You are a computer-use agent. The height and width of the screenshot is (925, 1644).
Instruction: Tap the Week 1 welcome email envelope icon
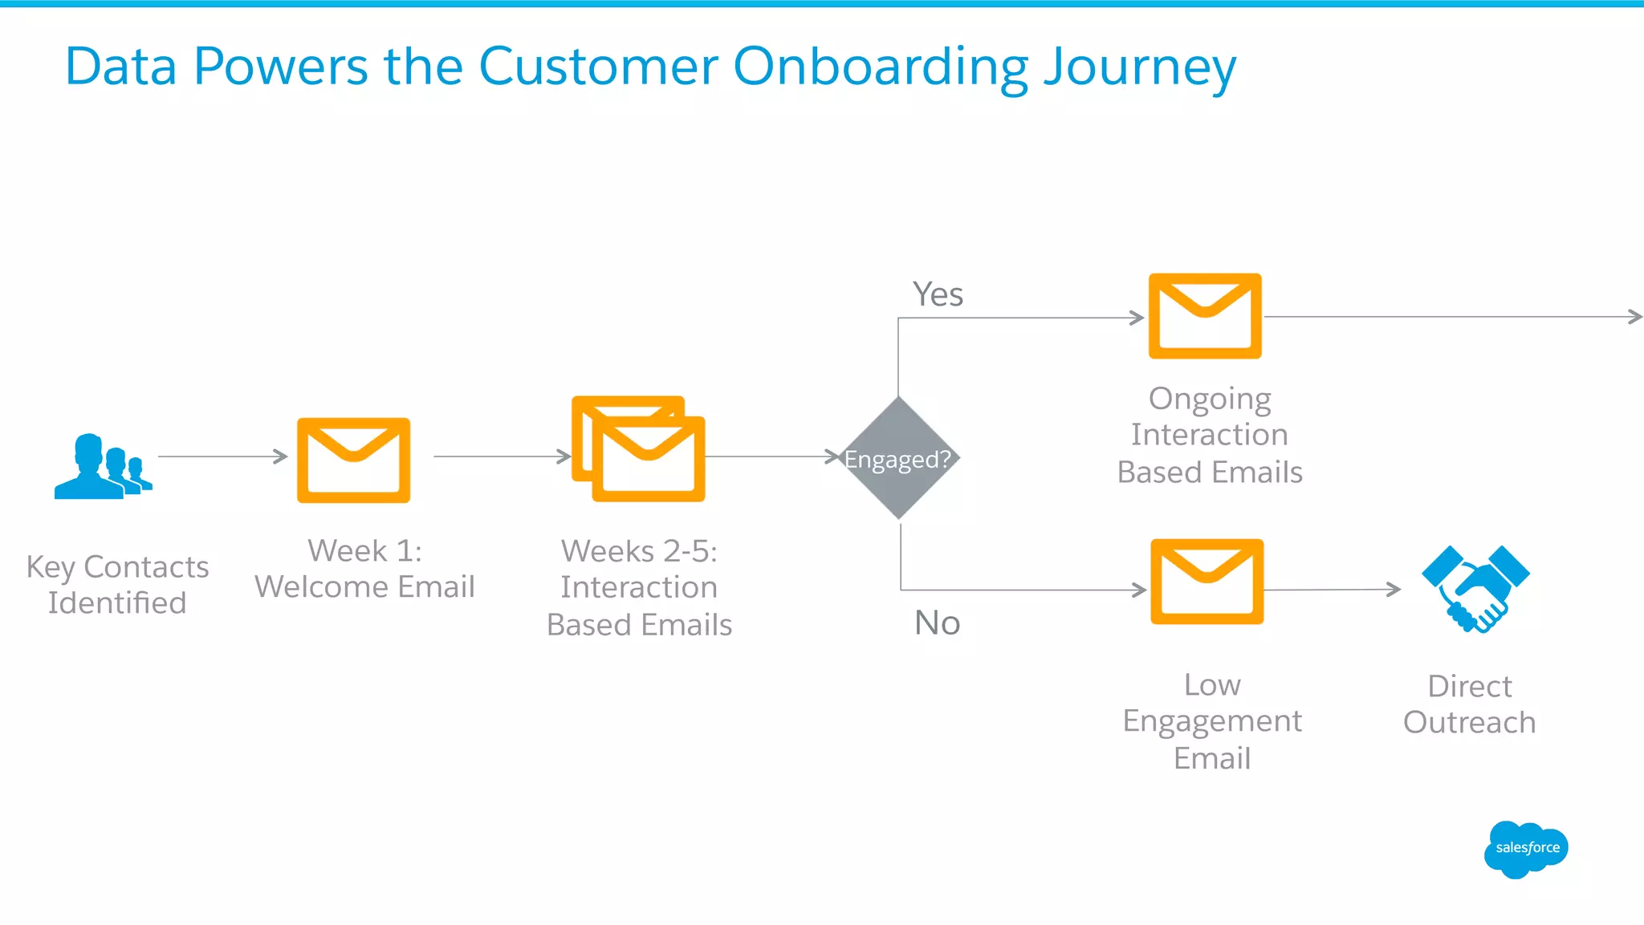click(353, 460)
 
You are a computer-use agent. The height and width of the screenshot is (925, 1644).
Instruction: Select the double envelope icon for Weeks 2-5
click(639, 449)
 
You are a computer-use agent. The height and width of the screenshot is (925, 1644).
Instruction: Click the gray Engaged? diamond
click(898, 458)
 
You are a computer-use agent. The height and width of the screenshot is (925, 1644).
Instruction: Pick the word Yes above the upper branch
click(938, 294)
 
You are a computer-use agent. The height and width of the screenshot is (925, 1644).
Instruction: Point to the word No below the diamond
click(937, 623)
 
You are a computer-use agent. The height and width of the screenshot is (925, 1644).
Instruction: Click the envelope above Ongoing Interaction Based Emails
click(1205, 316)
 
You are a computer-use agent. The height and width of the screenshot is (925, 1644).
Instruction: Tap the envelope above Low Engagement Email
click(1207, 582)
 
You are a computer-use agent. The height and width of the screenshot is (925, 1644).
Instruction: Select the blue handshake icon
click(1475, 589)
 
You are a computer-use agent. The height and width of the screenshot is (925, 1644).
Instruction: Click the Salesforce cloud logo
click(1525, 849)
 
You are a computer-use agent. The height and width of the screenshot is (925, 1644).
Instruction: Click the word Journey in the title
click(1140, 67)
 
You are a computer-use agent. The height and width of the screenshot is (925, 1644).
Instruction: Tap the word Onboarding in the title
click(880, 67)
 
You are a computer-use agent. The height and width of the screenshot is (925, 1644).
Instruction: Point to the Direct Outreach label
click(1469, 704)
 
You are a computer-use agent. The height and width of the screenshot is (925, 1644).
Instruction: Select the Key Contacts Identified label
click(117, 585)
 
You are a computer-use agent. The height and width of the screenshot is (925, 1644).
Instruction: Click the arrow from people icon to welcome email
click(222, 456)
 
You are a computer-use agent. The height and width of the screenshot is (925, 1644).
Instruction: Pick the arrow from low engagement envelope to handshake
click(1333, 590)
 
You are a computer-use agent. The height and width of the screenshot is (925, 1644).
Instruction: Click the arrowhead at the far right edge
click(1635, 317)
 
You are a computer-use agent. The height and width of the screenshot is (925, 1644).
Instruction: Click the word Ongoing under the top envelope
click(1209, 399)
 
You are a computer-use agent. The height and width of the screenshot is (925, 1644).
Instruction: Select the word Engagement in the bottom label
click(1211, 721)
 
